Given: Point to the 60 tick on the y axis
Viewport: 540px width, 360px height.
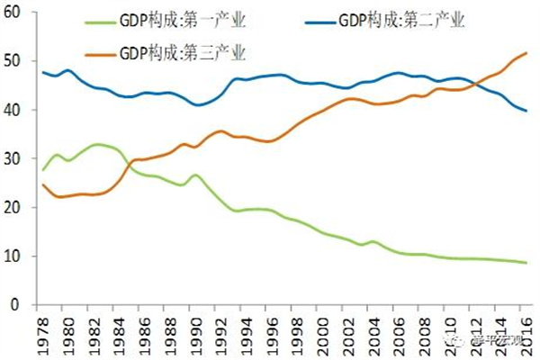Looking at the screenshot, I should [x=18, y=13].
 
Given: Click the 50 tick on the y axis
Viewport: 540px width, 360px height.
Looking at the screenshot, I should [x=18, y=61].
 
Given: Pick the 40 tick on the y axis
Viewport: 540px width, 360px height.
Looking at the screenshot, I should [x=18, y=110].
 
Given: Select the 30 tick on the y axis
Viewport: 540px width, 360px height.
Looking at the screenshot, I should [x=18, y=158].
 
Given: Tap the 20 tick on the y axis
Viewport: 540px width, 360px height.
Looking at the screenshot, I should [x=18, y=207].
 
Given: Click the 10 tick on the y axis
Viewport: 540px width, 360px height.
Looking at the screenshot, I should [x=18, y=256].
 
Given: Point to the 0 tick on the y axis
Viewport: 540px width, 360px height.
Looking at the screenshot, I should [x=22, y=304].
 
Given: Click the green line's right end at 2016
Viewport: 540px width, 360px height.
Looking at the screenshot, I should [x=526, y=263].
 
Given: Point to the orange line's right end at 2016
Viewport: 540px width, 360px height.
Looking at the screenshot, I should [x=526, y=54].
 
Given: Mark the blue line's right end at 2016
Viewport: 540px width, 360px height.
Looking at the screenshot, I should [x=526, y=111].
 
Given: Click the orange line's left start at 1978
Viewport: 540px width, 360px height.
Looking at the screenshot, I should [x=43, y=184].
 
